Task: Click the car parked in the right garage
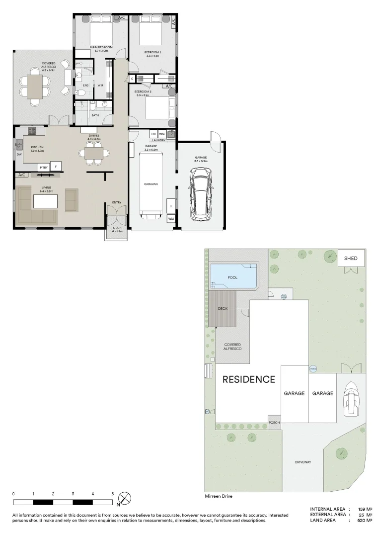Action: click(201, 194)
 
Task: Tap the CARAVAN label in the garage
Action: click(151, 183)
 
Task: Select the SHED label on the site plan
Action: click(351, 259)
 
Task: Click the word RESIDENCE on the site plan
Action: click(248, 379)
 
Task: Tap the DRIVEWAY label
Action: click(303, 462)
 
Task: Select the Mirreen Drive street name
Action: click(218, 496)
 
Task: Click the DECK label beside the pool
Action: click(223, 308)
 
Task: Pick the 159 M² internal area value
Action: click(365, 509)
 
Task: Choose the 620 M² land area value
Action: click(365, 520)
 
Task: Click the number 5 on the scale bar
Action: click(113, 493)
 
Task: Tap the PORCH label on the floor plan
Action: click(115, 229)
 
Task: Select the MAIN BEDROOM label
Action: click(101, 47)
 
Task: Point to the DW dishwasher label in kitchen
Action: click(19, 155)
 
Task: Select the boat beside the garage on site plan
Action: click(351, 398)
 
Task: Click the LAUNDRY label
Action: click(158, 140)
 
